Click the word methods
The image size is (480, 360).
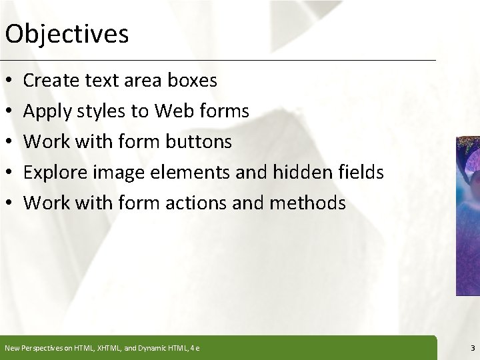coord(311,203)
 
